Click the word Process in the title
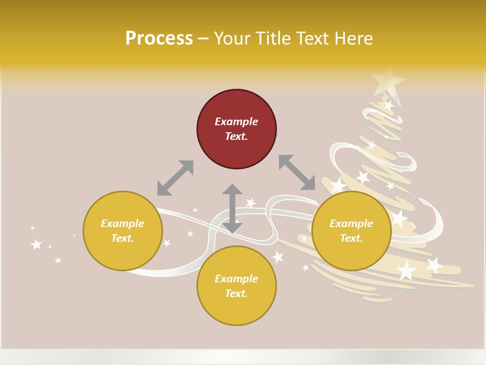159,39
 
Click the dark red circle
236,129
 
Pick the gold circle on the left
123,231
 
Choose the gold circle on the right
351,231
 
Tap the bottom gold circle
236,285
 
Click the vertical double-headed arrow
232,208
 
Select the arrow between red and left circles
175,178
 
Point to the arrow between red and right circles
297,173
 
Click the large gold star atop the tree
387,80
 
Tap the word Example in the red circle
236,122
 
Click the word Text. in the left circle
123,238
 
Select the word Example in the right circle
351,224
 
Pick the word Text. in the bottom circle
236,294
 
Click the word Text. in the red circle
236,136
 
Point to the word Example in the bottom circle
236,279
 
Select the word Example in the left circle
123,224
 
